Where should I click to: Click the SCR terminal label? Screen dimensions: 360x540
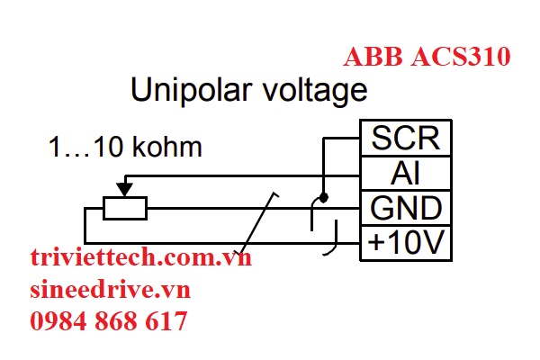[x=405, y=139]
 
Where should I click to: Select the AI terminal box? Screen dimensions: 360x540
[x=405, y=173]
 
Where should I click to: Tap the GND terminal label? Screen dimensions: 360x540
[x=405, y=208]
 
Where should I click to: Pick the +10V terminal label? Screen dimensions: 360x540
[x=405, y=242]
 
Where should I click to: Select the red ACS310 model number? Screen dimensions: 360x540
[x=462, y=58]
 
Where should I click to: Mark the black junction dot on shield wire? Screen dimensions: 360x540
[x=324, y=196]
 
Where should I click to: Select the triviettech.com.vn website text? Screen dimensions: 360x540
[x=140, y=259]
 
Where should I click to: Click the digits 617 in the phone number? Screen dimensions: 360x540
[x=168, y=320]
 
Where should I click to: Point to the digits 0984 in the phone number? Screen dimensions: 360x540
[x=57, y=320]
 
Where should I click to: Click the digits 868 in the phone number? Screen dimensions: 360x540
[x=117, y=320]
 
